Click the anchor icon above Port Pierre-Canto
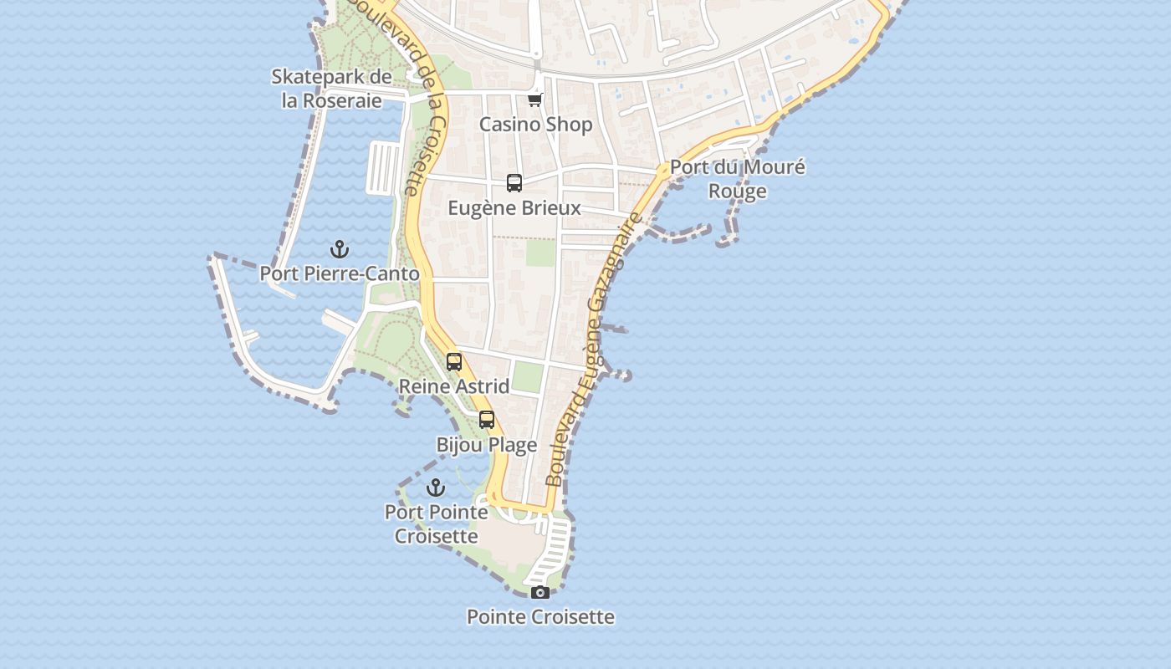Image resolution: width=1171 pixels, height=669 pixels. click(340, 249)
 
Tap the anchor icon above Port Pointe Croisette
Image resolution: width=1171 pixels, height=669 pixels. click(436, 488)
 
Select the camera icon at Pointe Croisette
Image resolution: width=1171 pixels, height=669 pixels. click(540, 593)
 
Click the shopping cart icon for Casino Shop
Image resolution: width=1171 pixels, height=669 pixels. click(535, 100)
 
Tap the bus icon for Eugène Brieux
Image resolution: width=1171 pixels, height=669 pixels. click(514, 183)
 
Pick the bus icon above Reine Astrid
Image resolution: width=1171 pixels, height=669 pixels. click(454, 362)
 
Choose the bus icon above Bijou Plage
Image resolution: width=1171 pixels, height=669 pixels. click(487, 421)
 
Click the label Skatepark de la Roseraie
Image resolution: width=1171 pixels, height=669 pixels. click(331, 89)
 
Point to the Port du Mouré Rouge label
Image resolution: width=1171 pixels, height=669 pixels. click(737, 179)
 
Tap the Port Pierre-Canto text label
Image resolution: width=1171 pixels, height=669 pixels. click(340, 273)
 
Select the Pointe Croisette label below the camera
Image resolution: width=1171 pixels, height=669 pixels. click(540, 617)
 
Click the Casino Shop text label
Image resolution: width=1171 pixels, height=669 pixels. click(535, 125)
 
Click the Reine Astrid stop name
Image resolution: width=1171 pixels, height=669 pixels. click(454, 386)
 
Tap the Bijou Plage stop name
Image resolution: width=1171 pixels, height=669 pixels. click(487, 445)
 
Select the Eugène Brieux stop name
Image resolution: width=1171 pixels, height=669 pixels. click(514, 207)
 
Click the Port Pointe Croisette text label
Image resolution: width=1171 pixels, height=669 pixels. click(436, 523)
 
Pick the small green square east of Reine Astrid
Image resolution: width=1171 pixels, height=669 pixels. click(527, 377)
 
